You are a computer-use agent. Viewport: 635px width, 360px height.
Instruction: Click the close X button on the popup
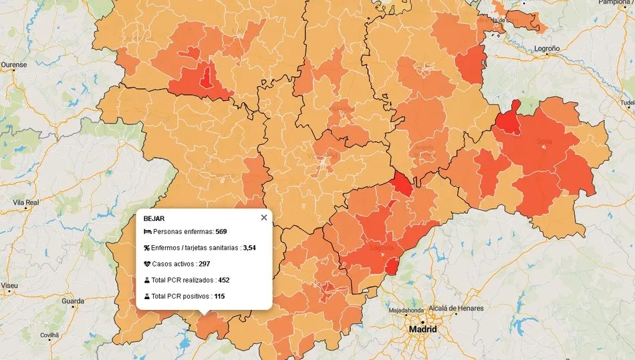pyautogui.click(x=263, y=217)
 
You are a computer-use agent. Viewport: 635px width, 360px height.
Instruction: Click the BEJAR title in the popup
pyautogui.click(x=154, y=218)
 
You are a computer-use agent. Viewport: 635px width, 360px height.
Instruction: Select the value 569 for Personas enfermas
pyautogui.click(x=221, y=232)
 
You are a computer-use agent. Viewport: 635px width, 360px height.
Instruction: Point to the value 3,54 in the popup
pyautogui.click(x=249, y=248)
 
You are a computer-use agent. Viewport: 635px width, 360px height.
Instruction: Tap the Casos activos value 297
pyautogui.click(x=205, y=264)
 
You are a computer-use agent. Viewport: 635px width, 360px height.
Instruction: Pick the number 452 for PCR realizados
pyautogui.click(x=223, y=280)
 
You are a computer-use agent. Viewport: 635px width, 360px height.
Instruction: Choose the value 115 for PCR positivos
pyautogui.click(x=219, y=296)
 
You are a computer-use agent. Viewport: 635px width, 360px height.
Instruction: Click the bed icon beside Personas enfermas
pyautogui.click(x=147, y=232)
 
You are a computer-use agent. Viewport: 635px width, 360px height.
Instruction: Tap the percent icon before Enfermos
pyautogui.click(x=147, y=248)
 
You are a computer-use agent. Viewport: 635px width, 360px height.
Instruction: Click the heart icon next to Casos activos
pyautogui.click(x=147, y=264)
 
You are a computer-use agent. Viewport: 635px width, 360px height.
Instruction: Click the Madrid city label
pyautogui.click(x=422, y=330)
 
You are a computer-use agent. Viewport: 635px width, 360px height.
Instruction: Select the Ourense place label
pyautogui.click(x=14, y=65)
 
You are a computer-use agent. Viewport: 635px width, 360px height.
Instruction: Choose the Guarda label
pyautogui.click(x=73, y=301)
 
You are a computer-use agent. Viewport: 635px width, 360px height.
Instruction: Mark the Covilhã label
pyautogui.click(x=49, y=335)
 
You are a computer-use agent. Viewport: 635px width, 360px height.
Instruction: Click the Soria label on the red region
pyautogui.click(x=543, y=141)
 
